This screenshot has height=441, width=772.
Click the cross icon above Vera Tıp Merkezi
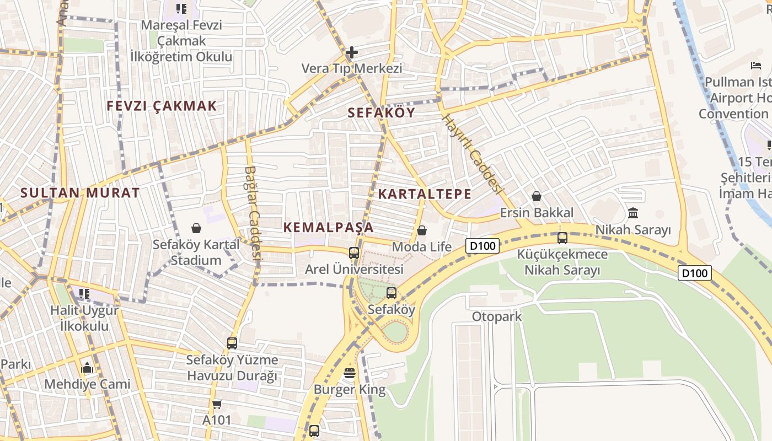pos(352,52)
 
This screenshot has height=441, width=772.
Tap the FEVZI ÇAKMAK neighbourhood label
pos(162,106)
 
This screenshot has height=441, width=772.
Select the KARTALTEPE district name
pos(425,194)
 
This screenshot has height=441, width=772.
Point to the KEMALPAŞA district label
pos(328,227)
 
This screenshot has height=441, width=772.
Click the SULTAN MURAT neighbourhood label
pos(80,193)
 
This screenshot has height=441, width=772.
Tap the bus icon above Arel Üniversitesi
pos(354,253)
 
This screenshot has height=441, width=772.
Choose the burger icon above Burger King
pos(349,373)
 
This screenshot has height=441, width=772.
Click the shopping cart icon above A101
pos(217,404)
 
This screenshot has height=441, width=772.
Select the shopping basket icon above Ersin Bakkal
pos(536,196)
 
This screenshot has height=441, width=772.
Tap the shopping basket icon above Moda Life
pos(422,230)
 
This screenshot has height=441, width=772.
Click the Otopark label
pos(497,317)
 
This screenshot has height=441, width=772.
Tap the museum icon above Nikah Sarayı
pos(633,213)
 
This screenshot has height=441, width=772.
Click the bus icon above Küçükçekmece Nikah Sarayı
pos(562,238)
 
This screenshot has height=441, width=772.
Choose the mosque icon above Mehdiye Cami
pos(87,368)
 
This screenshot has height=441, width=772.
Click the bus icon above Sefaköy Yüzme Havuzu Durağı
pos(232,343)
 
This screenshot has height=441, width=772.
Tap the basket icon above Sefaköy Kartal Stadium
pos(196,228)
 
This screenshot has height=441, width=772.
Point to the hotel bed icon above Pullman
pos(755,66)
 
